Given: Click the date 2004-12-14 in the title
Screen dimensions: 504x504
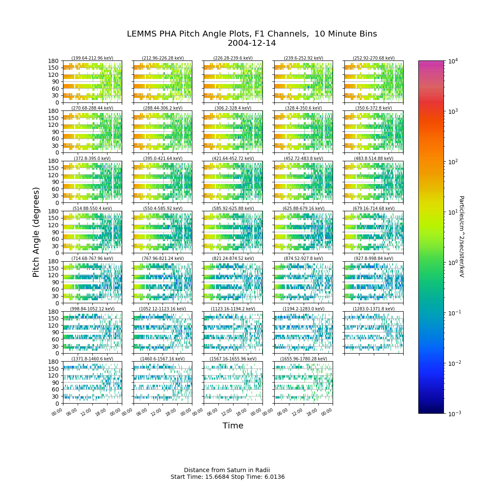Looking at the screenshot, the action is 252,43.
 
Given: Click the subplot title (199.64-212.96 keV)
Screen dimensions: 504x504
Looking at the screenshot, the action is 92,58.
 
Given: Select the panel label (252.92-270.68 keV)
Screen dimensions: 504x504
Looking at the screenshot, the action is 373,58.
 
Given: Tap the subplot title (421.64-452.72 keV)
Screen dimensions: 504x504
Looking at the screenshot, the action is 233,158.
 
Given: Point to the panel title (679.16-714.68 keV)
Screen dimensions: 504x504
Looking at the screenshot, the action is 373,208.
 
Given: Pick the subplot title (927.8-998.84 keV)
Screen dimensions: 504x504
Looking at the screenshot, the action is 373,258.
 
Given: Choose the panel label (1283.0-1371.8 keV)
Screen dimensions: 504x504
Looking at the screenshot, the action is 373,309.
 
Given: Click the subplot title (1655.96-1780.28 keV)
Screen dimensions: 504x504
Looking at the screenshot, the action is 303,359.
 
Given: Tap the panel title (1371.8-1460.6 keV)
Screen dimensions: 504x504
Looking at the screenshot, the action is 92,359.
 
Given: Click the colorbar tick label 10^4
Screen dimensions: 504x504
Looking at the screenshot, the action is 453,61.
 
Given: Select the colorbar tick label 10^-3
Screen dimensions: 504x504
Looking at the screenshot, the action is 454,414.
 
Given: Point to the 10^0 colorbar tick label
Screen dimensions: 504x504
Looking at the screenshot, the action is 453,262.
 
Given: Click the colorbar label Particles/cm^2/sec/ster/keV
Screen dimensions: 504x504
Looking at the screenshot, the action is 462,236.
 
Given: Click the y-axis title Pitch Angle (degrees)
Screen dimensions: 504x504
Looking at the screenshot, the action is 36,232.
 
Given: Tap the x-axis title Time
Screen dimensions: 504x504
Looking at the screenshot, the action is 233,425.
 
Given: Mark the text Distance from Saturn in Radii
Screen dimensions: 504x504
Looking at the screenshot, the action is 227,470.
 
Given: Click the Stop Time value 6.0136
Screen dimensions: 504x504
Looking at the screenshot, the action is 274,477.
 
